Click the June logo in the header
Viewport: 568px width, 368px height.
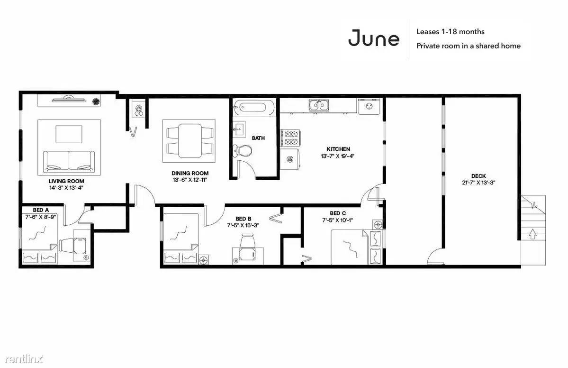374,38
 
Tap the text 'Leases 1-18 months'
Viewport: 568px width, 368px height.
450,32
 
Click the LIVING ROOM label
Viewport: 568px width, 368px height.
66,181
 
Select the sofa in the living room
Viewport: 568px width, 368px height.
69,162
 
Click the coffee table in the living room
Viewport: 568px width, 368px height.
69,134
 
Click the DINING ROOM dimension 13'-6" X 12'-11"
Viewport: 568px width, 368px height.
190,180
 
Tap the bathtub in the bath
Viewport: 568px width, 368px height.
253,108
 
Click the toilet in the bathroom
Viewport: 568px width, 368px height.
243,149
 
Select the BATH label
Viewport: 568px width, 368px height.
258,138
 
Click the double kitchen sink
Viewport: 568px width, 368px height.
319,105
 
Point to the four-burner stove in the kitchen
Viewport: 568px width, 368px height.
290,138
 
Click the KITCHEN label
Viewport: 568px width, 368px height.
338,149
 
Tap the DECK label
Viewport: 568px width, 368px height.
478,176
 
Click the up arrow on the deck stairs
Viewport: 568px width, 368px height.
532,234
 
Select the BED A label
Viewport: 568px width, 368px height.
41,210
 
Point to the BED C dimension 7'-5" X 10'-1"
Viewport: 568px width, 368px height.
338,220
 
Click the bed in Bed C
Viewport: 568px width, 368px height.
356,247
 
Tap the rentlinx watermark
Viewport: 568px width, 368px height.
24,359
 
